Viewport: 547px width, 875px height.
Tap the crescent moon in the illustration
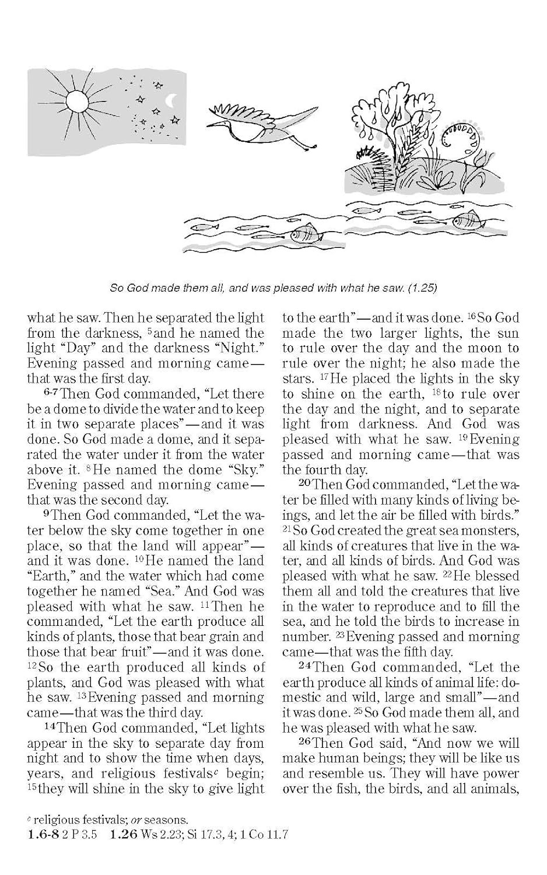coord(171,101)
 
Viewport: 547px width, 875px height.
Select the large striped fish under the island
coord(465,220)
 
